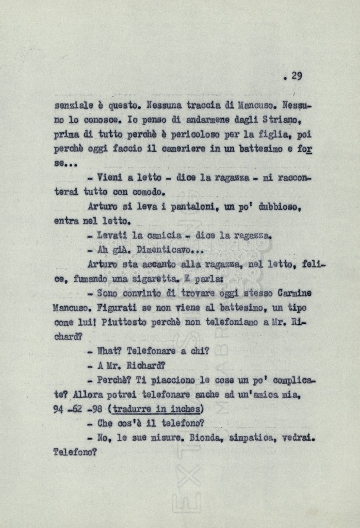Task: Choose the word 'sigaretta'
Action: (x=153, y=279)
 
